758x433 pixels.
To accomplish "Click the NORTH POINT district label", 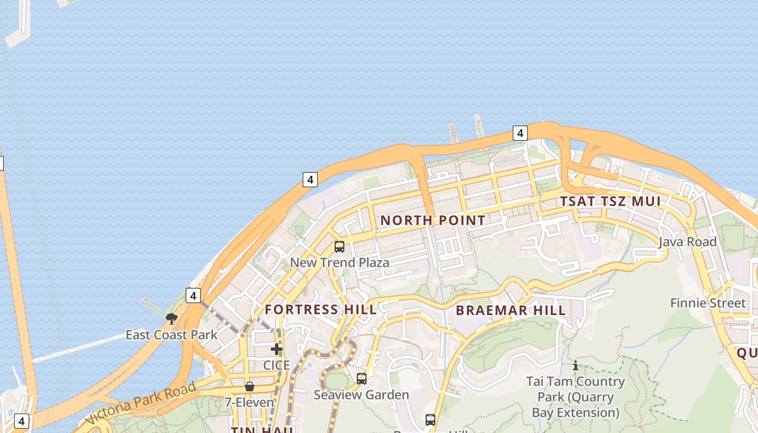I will click(433, 220).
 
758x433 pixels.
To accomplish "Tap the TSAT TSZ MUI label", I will click(610, 201).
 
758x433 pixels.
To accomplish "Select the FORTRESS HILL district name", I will click(321, 310).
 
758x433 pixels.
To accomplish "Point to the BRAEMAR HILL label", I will click(511, 310).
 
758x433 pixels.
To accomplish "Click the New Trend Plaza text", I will click(339, 263).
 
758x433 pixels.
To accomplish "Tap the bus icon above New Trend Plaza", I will click(339, 247).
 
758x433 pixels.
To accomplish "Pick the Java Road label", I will click(687, 241).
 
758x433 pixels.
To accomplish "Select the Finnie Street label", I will click(708, 303).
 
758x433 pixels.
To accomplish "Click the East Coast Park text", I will click(171, 334).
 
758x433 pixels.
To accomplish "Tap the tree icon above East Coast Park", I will click(172, 318).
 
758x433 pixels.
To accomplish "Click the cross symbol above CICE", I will click(277, 349).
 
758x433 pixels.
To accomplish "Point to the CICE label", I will click(277, 365).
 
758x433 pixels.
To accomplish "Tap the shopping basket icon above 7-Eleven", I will click(250, 386).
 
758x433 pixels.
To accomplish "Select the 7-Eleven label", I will click(250, 402).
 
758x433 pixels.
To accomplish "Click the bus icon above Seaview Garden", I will click(362, 379).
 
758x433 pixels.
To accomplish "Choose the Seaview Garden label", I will click(361, 395).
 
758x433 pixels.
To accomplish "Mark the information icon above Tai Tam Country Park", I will click(575, 366).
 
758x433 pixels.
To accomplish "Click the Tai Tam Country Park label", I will click(576, 397).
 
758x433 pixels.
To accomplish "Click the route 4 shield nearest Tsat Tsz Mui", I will click(520, 133).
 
